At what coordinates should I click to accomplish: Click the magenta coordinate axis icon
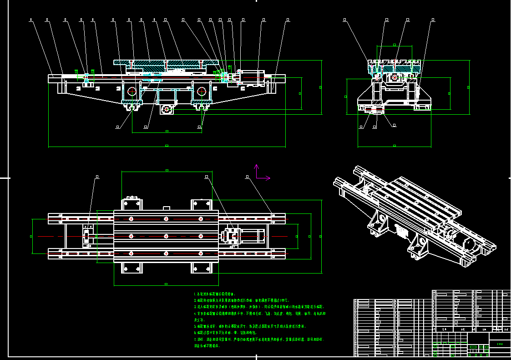[260, 174]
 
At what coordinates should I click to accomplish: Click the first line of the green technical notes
[215, 294]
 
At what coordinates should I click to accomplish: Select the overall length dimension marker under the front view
[167, 146]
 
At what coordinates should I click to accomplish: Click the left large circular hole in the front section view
[132, 91]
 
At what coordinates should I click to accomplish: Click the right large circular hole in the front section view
[201, 91]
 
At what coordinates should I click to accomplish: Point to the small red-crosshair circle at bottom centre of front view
[167, 109]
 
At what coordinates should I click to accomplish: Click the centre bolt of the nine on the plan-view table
[166, 236]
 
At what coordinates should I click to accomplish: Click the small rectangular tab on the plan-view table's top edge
[167, 208]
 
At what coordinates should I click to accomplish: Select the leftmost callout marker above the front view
[30, 20]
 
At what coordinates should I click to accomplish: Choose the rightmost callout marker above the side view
[433, 20]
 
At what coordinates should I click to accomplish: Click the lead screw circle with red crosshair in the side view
[394, 77]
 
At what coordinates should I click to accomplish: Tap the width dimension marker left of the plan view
[31, 236]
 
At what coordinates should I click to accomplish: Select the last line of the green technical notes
[207, 346]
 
